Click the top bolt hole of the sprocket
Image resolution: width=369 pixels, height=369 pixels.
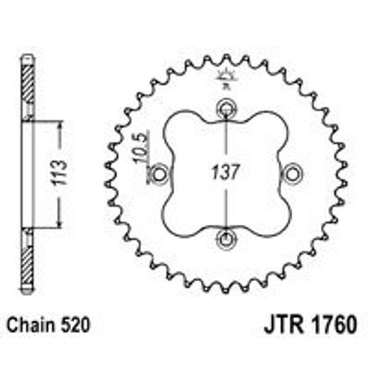point(226,109)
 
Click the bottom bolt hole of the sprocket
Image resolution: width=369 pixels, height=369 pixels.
point(226,238)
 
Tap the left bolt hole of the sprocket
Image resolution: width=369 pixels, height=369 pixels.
point(160,173)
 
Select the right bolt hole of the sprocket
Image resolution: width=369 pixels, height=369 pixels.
point(292,173)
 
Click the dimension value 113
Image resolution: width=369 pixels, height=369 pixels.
point(62,174)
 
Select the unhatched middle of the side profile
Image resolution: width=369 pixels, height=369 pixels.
point(27,174)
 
